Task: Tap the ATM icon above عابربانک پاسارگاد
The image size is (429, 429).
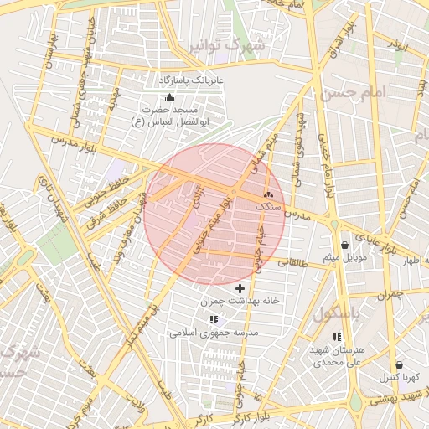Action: pos(170,96)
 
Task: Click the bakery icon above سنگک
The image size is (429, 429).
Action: pos(268,194)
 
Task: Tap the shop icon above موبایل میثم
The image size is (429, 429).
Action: pos(345,245)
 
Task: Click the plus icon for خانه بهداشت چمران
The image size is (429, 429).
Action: pos(240,288)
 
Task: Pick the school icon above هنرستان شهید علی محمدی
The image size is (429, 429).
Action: pos(337,337)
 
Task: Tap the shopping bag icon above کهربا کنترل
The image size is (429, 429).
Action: pos(398,364)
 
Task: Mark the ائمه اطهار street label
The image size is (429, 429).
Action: pos(411,261)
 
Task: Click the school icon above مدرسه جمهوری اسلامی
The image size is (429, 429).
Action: pos(214,319)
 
